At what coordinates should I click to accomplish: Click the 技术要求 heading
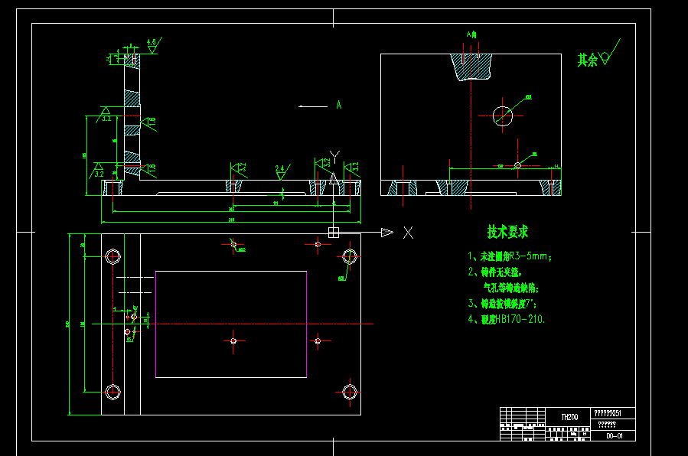[507, 232]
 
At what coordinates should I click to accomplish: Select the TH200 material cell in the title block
[569, 417]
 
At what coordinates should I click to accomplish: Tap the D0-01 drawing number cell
[614, 435]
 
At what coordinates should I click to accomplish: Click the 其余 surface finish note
[588, 60]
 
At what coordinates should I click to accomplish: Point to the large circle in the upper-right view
[503, 116]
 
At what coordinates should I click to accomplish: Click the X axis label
[409, 233]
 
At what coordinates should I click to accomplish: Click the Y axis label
[334, 156]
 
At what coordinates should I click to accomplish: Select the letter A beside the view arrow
[338, 106]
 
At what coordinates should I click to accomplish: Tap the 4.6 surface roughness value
[152, 41]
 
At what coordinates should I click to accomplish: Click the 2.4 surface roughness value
[279, 168]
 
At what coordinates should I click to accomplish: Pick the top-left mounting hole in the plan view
[113, 256]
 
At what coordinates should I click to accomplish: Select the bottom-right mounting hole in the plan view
[350, 392]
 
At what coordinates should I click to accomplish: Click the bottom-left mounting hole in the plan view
[113, 392]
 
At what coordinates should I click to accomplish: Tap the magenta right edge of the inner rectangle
[306, 324]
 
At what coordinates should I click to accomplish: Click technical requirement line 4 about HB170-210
[507, 319]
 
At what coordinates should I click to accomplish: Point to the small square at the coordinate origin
[334, 232]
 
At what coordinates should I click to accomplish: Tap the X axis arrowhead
[387, 233]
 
